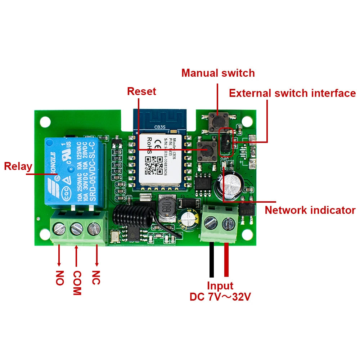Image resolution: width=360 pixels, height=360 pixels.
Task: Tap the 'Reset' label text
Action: tap(141, 91)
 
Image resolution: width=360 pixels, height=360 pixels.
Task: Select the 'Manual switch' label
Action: tap(218, 73)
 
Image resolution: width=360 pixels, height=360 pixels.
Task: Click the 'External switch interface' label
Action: tap(292, 93)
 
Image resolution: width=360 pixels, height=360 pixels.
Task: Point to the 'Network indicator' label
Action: tap(310, 210)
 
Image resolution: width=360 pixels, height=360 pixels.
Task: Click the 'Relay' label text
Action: tap(18, 167)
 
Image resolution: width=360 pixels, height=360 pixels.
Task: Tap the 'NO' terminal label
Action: tap(60, 278)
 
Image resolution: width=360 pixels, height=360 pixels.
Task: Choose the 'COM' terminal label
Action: tap(77, 283)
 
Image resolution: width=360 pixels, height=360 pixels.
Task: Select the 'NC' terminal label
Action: tap(96, 278)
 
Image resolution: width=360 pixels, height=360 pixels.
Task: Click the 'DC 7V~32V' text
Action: tap(220, 297)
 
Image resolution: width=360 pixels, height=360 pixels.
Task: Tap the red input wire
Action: tap(226, 259)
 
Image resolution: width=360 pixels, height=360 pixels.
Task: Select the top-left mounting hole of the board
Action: tap(45, 121)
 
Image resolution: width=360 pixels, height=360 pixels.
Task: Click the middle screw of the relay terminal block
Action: tap(76, 228)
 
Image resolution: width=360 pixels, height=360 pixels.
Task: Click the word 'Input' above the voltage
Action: tap(220, 286)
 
